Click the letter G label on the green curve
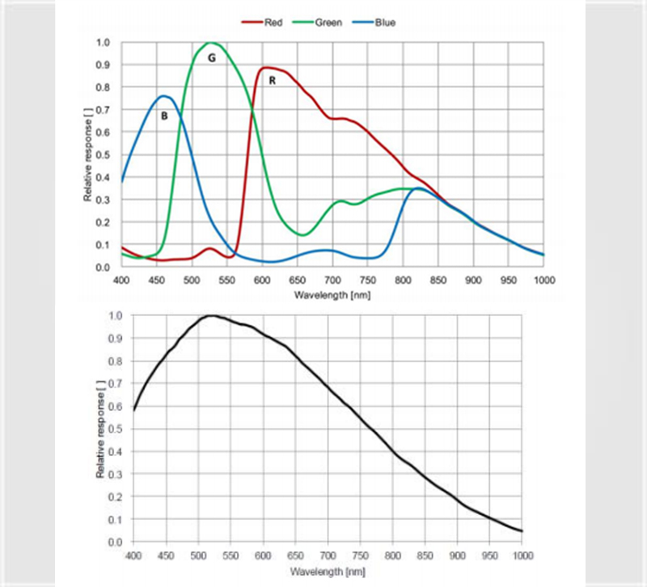click(x=212, y=58)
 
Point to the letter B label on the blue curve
click(x=163, y=116)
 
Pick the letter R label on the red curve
click(x=273, y=81)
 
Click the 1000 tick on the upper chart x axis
click(x=543, y=279)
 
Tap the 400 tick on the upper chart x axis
click(x=121, y=279)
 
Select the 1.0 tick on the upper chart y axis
click(x=104, y=42)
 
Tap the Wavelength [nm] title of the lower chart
click(x=328, y=570)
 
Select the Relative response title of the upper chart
click(x=87, y=154)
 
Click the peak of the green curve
click(x=210, y=42)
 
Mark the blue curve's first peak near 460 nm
click(x=163, y=95)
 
